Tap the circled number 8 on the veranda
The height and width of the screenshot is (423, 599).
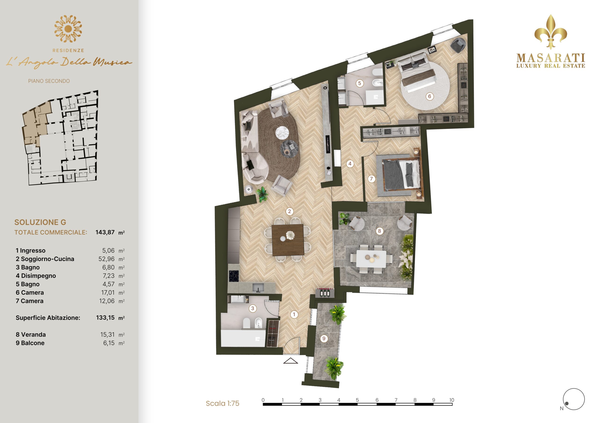point(379,231)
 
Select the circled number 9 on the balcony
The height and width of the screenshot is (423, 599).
point(324,339)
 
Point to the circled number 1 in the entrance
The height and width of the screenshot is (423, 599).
point(294,315)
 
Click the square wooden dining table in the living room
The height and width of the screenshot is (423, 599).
point(288,240)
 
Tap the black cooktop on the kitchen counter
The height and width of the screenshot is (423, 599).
point(234,276)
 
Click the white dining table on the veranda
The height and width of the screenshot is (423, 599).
point(371,258)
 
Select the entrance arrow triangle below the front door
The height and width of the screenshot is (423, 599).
point(291,361)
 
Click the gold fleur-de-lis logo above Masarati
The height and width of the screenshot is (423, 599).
point(551,32)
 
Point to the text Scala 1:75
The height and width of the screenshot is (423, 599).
point(223,403)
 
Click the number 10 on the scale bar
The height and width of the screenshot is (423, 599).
point(452,400)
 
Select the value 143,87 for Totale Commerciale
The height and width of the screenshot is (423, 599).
point(105,232)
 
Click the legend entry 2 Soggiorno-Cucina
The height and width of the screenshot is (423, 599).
point(45,259)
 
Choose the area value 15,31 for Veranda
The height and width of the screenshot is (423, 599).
point(107,334)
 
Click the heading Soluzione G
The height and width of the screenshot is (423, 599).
point(40,222)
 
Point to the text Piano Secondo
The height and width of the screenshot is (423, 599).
point(49,81)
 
